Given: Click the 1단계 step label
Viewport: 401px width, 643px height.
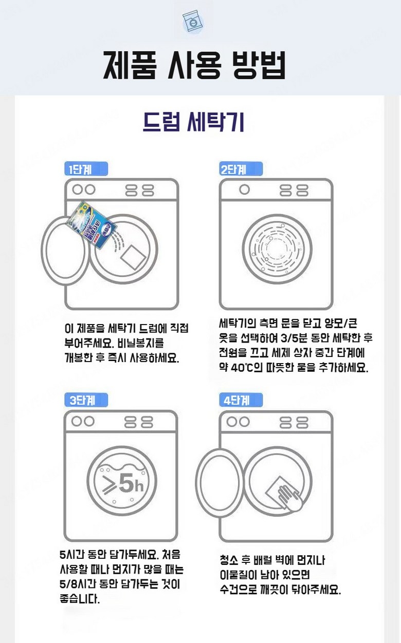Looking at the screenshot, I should pyautogui.click(x=86, y=169).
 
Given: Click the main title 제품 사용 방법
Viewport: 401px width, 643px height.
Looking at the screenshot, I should pyautogui.click(x=194, y=65).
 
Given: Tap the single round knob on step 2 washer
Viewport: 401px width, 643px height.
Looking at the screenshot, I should pyautogui.click(x=245, y=189).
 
